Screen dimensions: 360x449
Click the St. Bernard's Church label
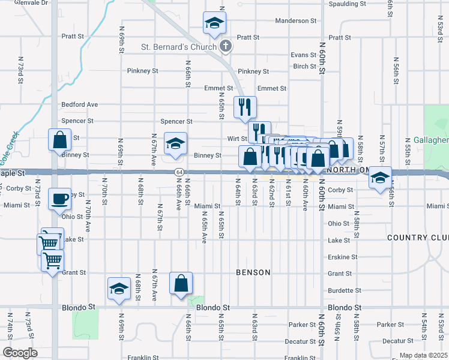pyautogui.click(x=178, y=46)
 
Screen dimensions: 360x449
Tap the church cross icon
pyautogui.click(x=226, y=46)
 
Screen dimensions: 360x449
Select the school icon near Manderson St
pyautogui.click(x=212, y=23)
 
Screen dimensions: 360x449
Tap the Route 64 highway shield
pyautogui.click(x=179, y=172)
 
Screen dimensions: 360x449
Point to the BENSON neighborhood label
pyautogui.click(x=253, y=272)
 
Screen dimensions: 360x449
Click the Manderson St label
pyautogui.click(x=295, y=21)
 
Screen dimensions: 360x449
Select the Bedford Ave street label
pyautogui.click(x=79, y=104)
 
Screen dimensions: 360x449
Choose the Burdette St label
pyautogui.click(x=340, y=290)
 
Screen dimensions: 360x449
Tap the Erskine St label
pyautogui.click(x=342, y=257)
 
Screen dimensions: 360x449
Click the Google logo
pyautogui.click(x=19, y=353)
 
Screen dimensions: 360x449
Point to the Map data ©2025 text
pyautogui.click(x=423, y=356)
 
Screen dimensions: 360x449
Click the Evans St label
pyautogui.click(x=303, y=55)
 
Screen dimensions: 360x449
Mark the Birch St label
pyautogui.click(x=305, y=67)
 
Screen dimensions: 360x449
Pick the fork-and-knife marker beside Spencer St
pyautogui.click(x=244, y=108)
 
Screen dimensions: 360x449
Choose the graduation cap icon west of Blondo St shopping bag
pyautogui.click(x=119, y=289)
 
